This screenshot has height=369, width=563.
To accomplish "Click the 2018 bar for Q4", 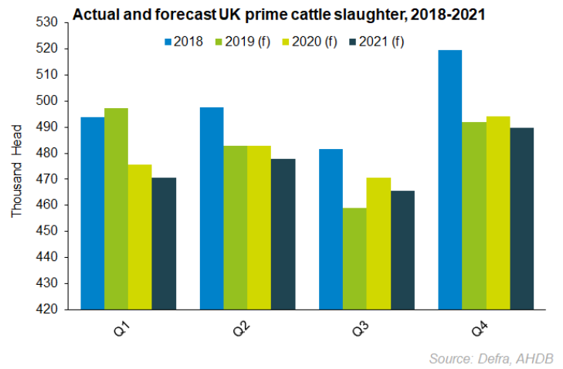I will (449, 179).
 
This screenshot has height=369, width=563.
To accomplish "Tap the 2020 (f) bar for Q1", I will (140, 237).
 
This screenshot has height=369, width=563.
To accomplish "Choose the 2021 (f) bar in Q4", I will (521, 218).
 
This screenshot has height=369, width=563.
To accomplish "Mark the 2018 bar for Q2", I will (212, 208).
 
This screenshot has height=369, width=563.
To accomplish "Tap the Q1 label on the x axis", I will (121, 330).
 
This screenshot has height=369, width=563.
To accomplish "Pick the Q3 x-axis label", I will (359, 330).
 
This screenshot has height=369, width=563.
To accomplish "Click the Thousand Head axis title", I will (16, 166).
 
